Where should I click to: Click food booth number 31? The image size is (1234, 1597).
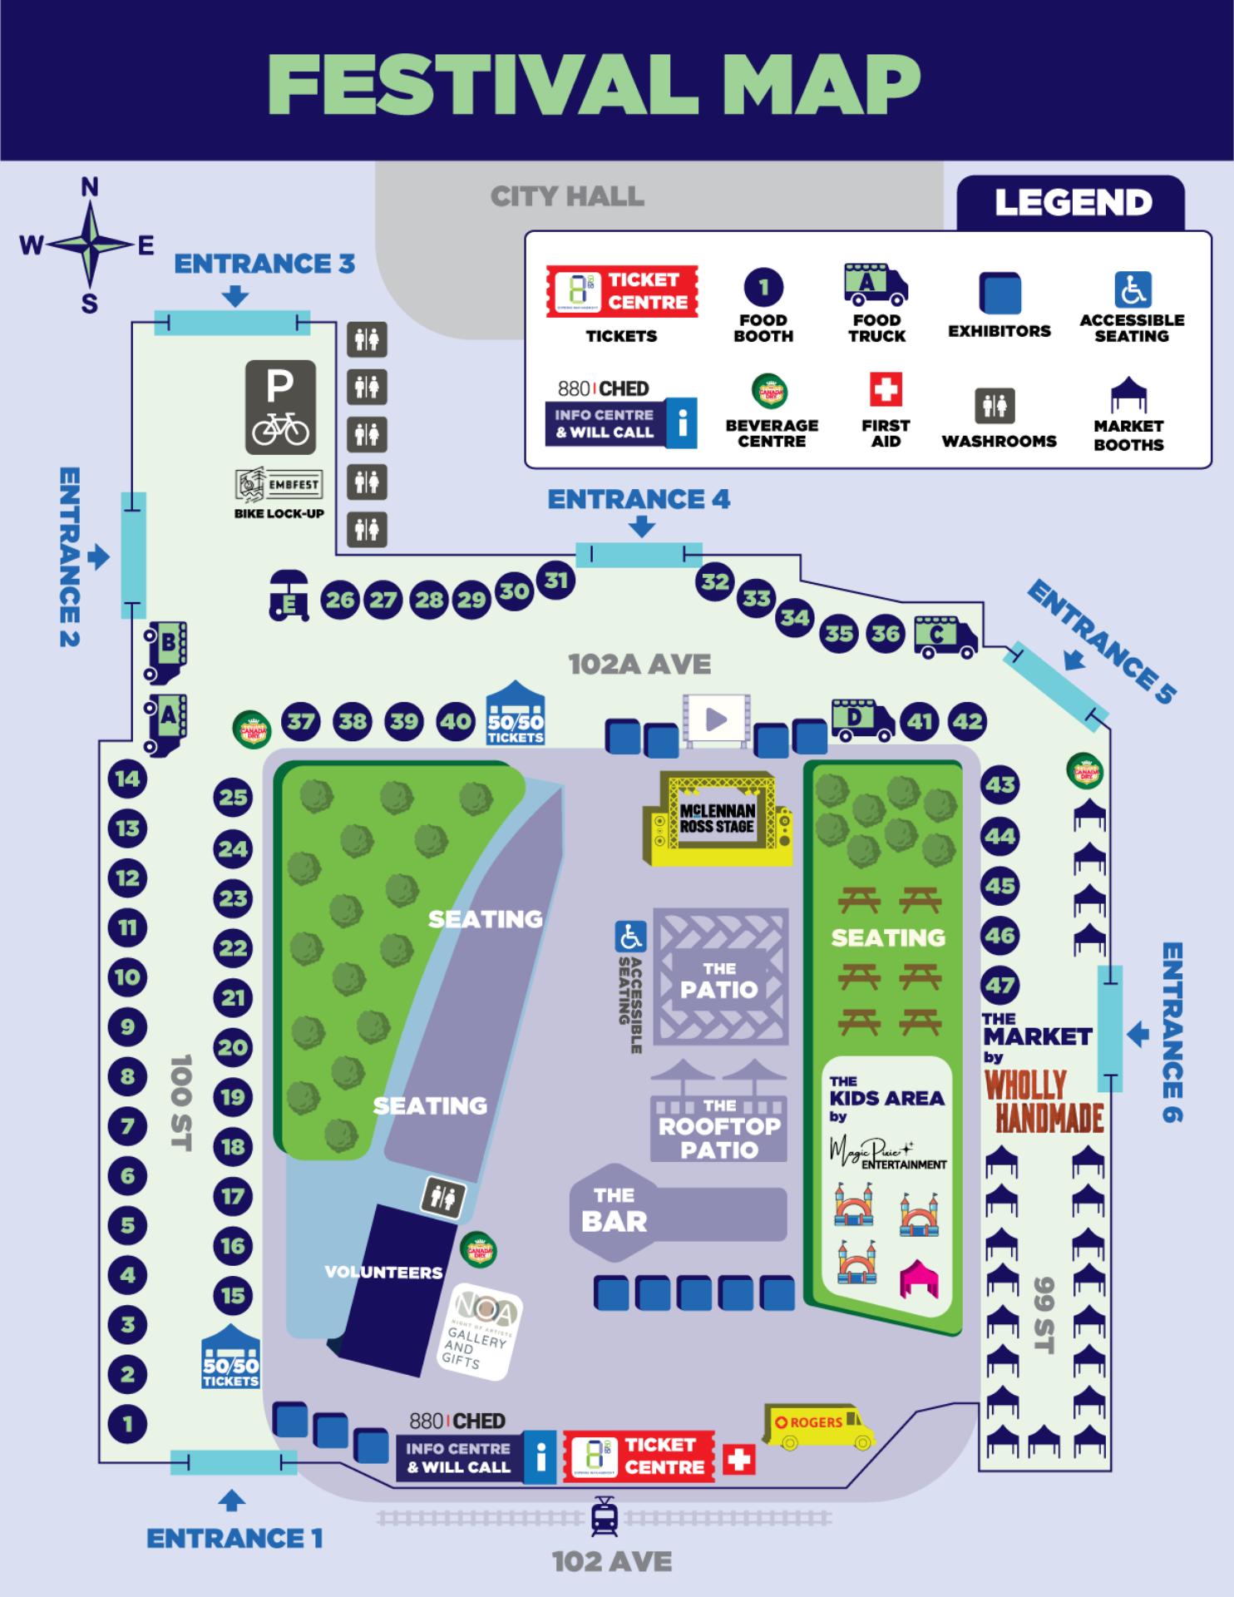coord(555,580)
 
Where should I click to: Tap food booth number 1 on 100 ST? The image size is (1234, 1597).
coord(127,1424)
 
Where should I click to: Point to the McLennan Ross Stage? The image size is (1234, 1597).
coord(717,818)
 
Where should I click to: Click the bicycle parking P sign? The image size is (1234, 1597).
coord(280,407)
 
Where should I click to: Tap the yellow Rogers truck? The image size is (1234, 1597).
coord(819,1427)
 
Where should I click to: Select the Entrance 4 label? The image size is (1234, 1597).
coord(639,499)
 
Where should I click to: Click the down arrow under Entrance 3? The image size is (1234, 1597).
coord(236,296)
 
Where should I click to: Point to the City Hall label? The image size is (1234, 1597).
coord(567,196)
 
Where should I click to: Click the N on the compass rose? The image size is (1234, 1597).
coord(90,187)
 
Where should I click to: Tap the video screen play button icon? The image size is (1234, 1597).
coord(716,719)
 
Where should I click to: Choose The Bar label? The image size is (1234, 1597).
coord(614,1209)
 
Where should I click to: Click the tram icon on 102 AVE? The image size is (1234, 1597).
coord(604,1517)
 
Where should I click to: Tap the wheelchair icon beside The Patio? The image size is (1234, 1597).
coord(629,937)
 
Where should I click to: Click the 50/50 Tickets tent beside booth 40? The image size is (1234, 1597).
coord(516,714)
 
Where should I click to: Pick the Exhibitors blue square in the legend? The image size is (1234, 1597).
coord(1000,293)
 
